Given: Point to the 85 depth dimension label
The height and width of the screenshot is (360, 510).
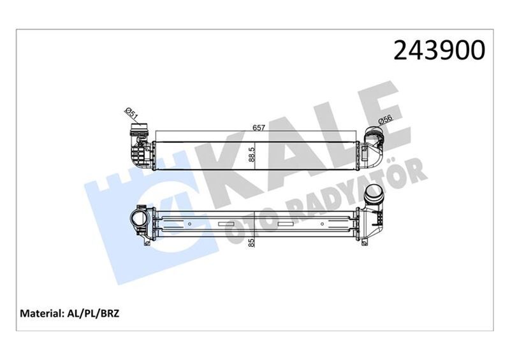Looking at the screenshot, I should pyautogui.click(x=252, y=242).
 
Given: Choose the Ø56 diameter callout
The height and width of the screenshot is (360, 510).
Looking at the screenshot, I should pyautogui.click(x=384, y=120).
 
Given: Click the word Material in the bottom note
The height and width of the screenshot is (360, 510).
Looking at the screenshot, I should pyautogui.click(x=41, y=314).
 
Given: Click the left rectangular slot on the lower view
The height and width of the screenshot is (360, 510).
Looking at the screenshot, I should pyautogui.click(x=226, y=224).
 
